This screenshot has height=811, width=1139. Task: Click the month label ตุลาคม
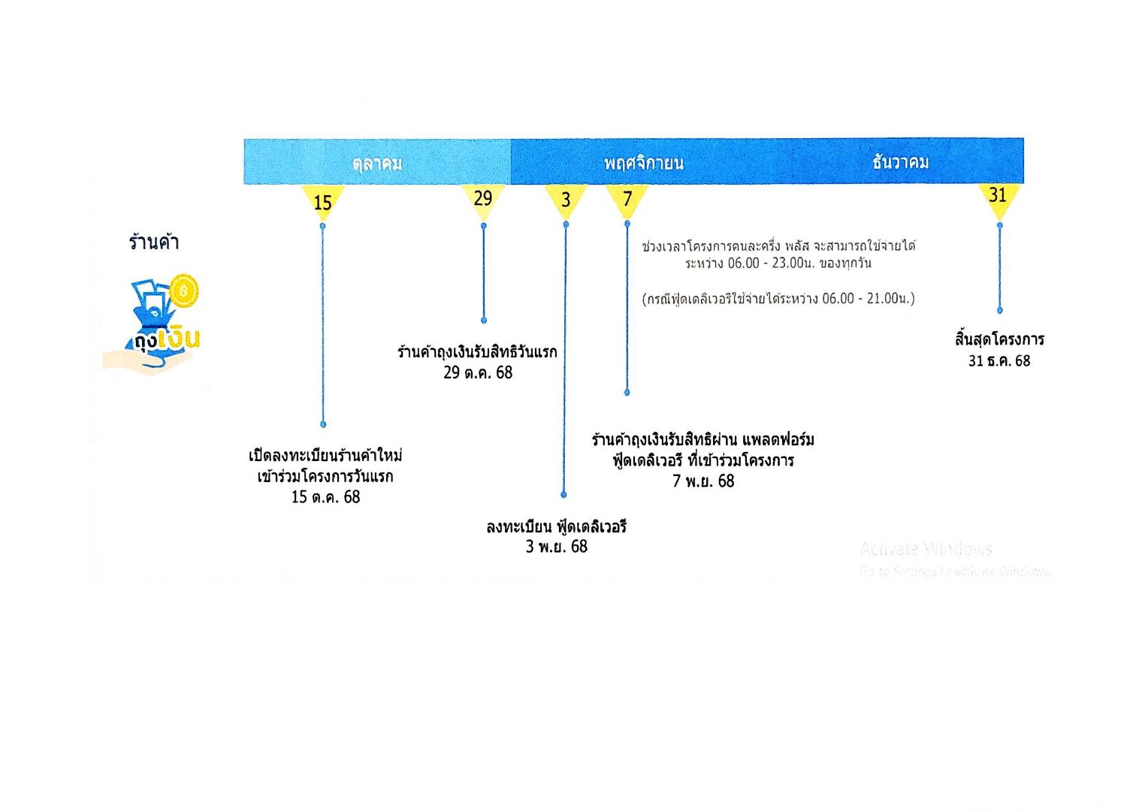pos(377,163)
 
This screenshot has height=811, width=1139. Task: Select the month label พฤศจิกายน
pos(644,163)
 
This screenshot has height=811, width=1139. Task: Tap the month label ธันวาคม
pos(901,162)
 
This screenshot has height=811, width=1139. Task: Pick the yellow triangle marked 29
pos(483,199)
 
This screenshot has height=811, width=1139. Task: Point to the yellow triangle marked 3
pos(566,200)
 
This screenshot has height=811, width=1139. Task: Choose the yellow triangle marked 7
pos(627,200)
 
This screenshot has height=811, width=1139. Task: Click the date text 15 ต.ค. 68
pos(325,497)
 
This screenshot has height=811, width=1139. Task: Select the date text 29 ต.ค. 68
pos(478,372)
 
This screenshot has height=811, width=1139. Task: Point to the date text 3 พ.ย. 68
pos(557,547)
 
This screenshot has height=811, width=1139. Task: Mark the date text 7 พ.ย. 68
pos(703,481)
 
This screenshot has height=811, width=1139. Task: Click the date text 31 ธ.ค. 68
pos(999,361)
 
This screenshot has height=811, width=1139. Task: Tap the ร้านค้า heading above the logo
pos(154,243)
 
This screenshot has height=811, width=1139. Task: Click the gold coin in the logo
pos(183,290)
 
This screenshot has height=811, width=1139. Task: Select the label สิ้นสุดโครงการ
pos(999,339)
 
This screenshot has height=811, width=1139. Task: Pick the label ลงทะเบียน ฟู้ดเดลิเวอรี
pos(557,526)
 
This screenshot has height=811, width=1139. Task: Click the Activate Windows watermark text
pos(926,549)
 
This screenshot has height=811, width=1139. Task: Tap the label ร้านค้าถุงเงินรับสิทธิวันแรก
pos(478,352)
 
